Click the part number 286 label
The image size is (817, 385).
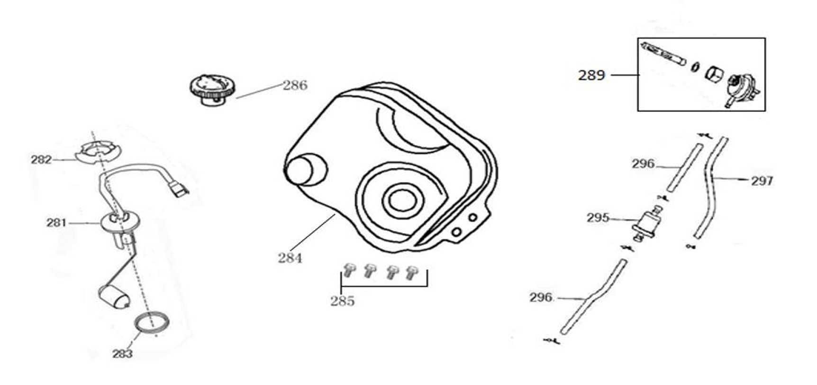click(x=295, y=85)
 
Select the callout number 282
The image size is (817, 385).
click(x=41, y=160)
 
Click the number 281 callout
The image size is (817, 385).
click(x=56, y=222)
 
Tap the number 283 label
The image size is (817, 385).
click(x=122, y=354)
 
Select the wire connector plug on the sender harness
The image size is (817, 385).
click(x=178, y=190)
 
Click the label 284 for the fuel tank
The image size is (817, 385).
click(x=290, y=258)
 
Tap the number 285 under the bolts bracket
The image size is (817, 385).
click(x=342, y=301)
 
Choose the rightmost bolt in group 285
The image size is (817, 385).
click(x=413, y=272)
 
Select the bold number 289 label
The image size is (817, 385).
click(x=591, y=75)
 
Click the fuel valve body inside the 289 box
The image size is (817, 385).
click(x=740, y=88)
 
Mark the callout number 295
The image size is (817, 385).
click(x=598, y=218)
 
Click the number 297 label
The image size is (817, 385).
click(x=762, y=181)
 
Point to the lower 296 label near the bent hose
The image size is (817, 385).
click(x=541, y=297)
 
